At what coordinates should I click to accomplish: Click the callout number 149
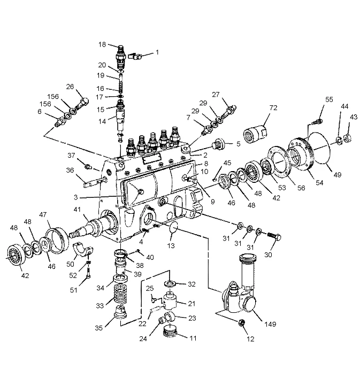[x=270, y=324]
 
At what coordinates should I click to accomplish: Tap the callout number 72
[x=273, y=108]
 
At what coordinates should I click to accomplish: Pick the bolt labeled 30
[x=274, y=236]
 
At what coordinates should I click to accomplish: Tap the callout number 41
[x=77, y=210]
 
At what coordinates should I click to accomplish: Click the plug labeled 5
[x=218, y=144]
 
